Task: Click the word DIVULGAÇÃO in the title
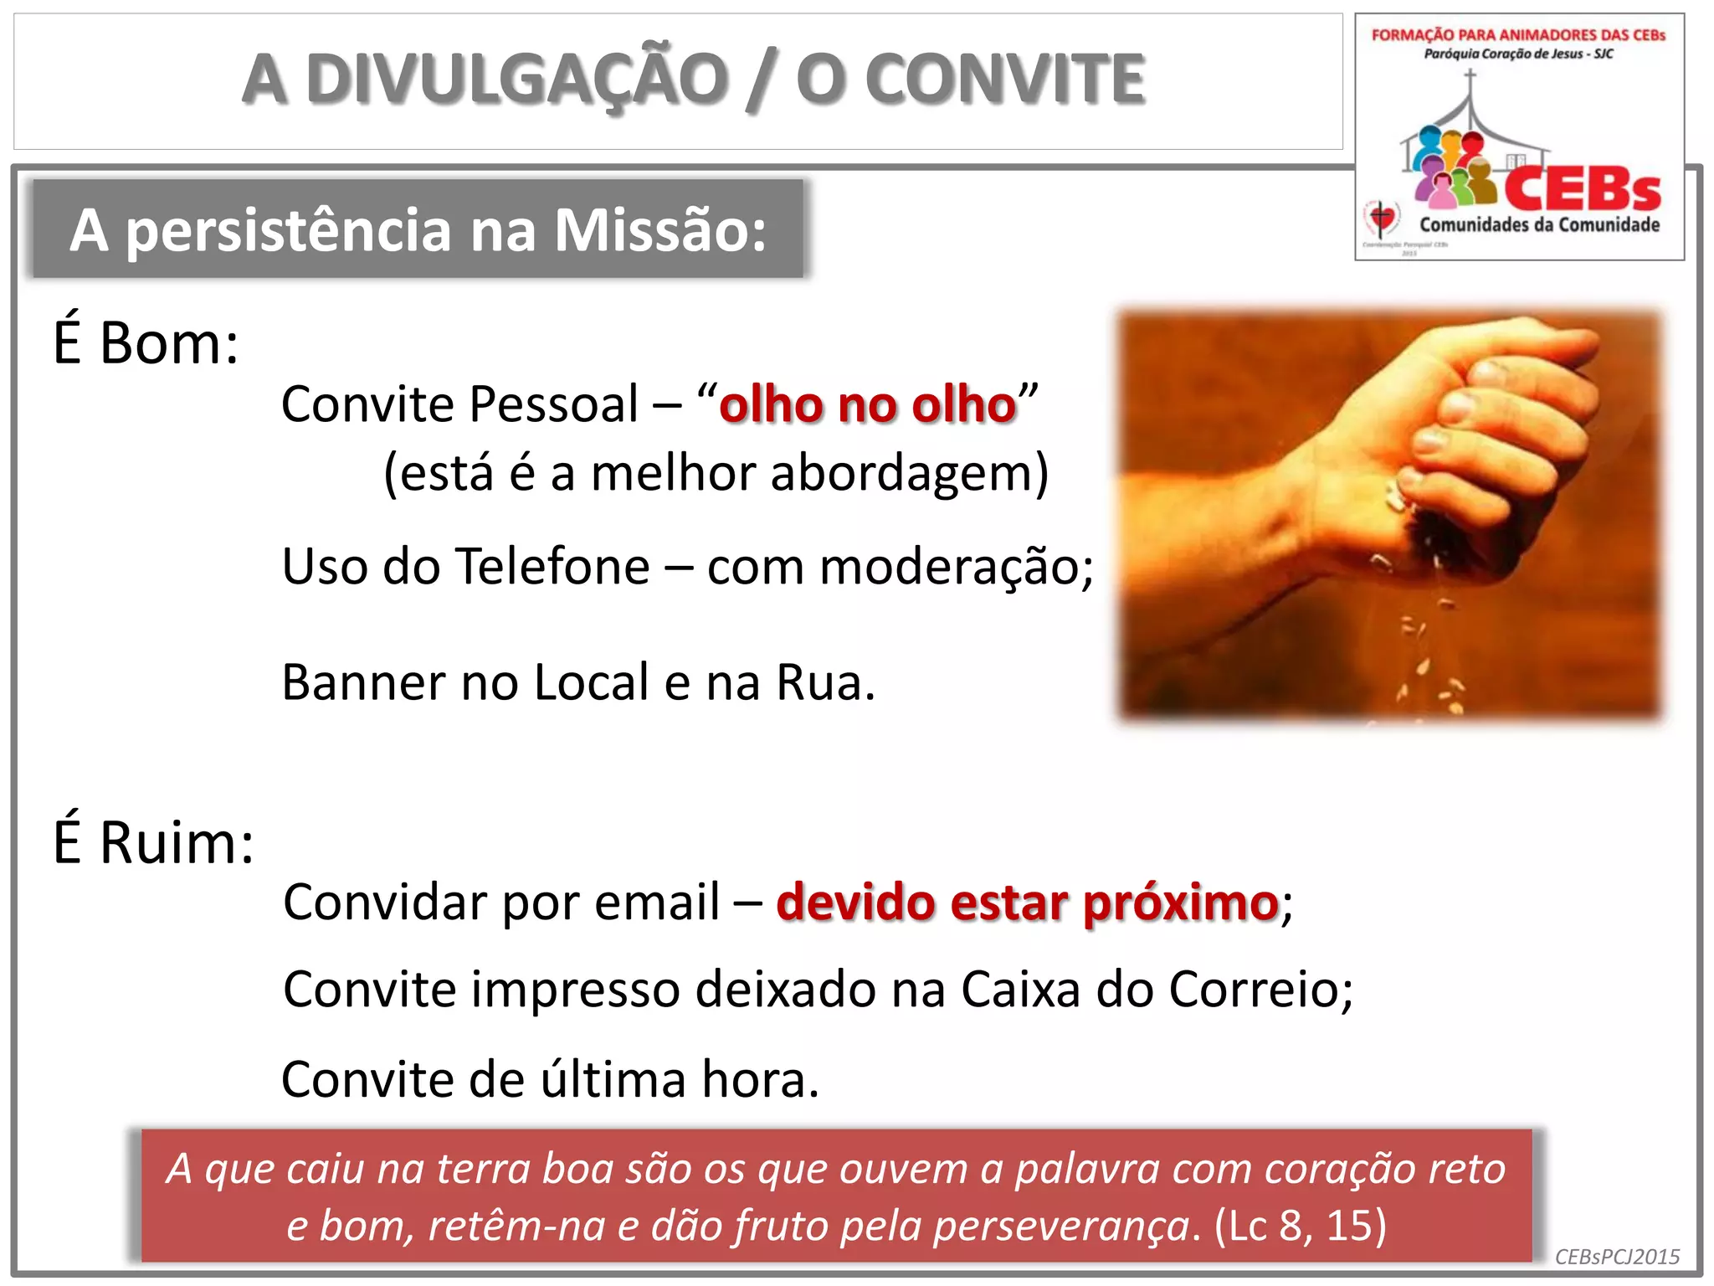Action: (x=517, y=80)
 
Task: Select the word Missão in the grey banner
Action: (x=660, y=230)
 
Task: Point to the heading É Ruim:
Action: (x=153, y=841)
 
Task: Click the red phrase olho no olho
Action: (x=868, y=405)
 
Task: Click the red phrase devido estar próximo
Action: (x=1027, y=903)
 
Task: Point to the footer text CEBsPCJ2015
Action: (x=1617, y=1257)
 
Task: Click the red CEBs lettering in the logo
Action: (x=1582, y=190)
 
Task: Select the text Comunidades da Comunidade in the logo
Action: (x=1539, y=224)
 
